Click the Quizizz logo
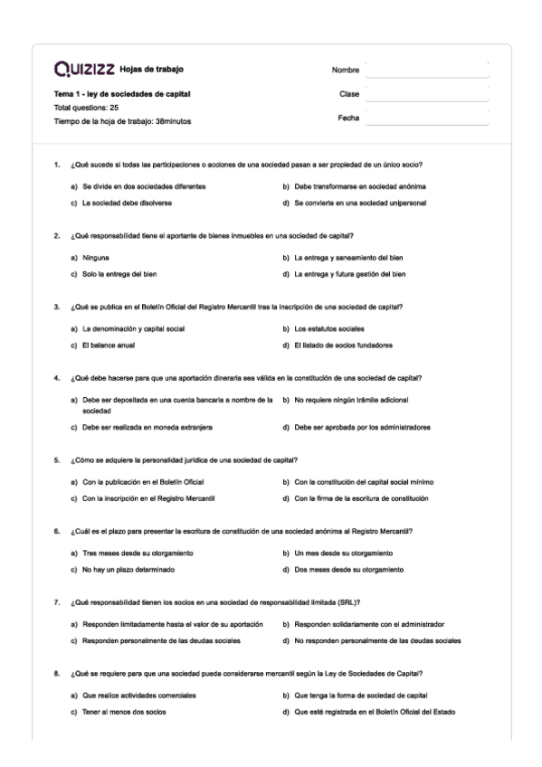84,70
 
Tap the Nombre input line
425,70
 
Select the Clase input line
425,93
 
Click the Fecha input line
425,118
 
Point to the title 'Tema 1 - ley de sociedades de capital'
122,94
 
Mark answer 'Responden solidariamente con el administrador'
369,624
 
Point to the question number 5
57,459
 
